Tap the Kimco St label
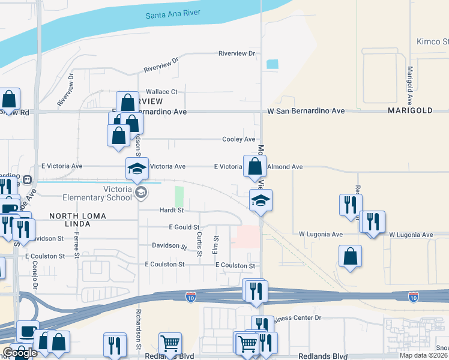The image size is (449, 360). pos(433,41)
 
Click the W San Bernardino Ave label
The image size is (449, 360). pos(306,111)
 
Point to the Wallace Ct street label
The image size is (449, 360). pos(158,92)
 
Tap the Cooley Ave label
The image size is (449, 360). pos(239,139)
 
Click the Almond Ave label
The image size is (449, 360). pos(285,166)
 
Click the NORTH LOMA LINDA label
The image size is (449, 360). pos(70,220)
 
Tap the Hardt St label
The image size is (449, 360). pos(171,210)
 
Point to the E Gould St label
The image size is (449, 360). pos(184,227)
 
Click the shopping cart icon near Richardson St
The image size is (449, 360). pos(170,344)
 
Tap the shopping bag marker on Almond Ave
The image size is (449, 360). pos(255,166)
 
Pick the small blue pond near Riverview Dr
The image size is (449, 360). pos(273,64)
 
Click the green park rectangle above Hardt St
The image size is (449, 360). pos(179,196)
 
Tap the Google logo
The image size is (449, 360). pos(20,353)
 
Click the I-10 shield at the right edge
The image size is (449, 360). pos(413,296)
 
